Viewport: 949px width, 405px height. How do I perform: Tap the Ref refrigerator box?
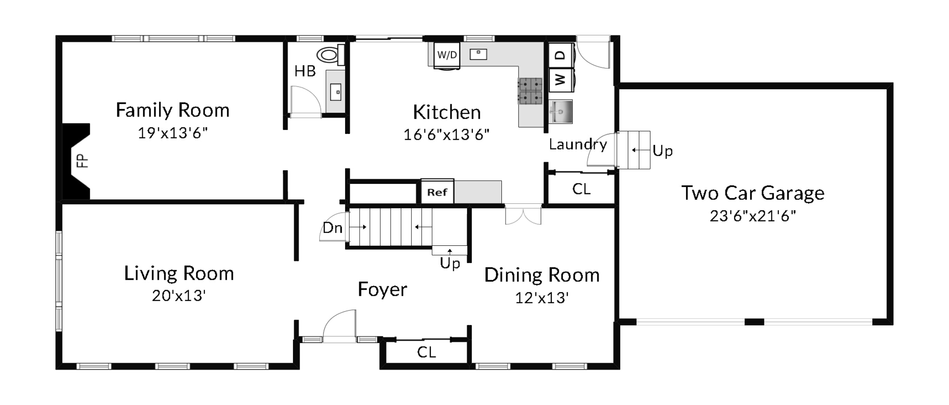point(437,191)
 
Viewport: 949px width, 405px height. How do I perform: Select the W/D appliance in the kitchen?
point(447,55)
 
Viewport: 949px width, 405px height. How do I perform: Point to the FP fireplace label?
point(83,161)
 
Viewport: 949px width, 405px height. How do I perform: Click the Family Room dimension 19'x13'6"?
point(173,133)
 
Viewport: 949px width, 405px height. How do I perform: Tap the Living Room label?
point(179,273)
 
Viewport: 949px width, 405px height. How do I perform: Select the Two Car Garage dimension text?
point(753,216)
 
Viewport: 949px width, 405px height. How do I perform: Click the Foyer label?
point(383,290)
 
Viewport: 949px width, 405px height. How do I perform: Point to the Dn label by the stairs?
point(332,228)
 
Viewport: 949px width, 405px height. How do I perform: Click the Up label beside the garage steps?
point(663,151)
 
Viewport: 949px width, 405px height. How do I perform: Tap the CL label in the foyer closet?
point(426,352)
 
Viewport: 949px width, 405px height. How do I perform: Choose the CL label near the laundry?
point(581,189)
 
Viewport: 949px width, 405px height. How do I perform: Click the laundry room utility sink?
point(560,111)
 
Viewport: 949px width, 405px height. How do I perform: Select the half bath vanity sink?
point(336,92)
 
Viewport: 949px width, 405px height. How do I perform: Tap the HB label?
point(305,71)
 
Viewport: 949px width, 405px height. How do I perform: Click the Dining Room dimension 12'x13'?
point(542,298)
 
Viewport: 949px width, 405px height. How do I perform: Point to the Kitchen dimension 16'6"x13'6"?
point(447,134)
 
